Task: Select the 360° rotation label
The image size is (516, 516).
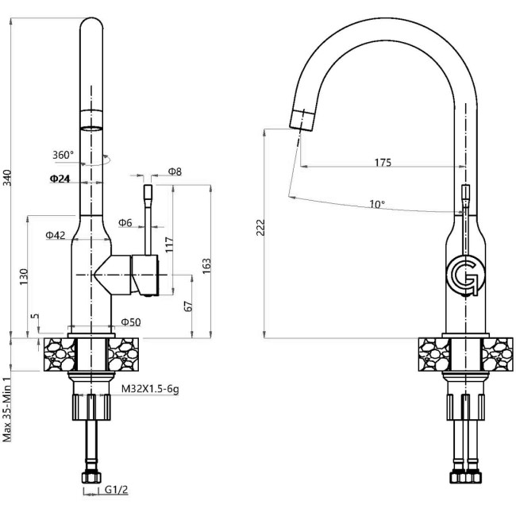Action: (64, 155)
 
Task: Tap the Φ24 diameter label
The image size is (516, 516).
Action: (60, 179)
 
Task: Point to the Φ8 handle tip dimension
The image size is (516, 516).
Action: (175, 172)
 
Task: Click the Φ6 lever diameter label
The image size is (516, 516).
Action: (125, 223)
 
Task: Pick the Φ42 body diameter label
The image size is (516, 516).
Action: (55, 235)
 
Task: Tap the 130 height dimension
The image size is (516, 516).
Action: (24, 276)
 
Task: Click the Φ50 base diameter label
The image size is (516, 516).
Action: (130, 322)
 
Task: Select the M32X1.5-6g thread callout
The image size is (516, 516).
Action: (149, 390)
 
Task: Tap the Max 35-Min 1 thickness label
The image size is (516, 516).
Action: (7, 409)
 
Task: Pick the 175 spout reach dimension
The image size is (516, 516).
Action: (383, 162)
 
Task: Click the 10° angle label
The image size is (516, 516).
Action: (377, 204)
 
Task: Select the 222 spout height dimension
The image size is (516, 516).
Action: (260, 228)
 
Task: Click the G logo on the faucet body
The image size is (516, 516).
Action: (463, 275)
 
